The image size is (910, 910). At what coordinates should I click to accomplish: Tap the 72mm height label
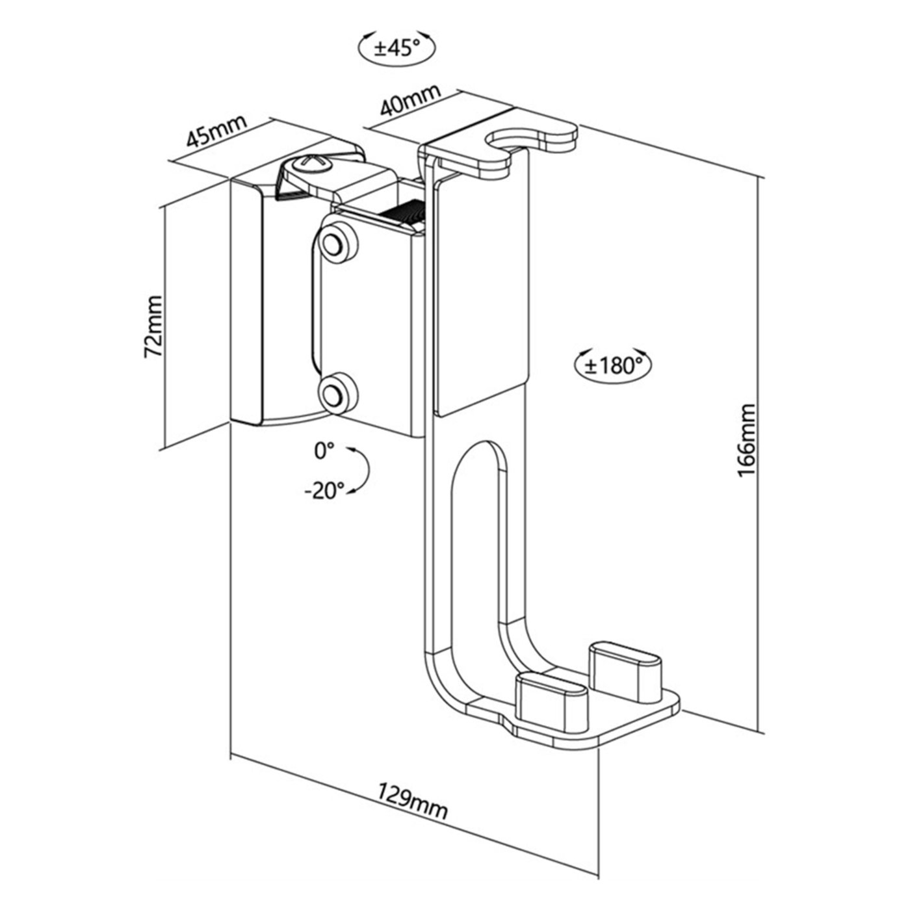click(154, 326)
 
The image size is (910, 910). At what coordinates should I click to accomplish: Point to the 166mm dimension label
click(747, 440)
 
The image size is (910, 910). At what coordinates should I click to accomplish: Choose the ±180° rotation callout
click(612, 365)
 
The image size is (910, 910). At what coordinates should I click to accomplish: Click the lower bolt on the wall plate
click(337, 393)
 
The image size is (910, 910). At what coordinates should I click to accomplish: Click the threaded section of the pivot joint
click(403, 214)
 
